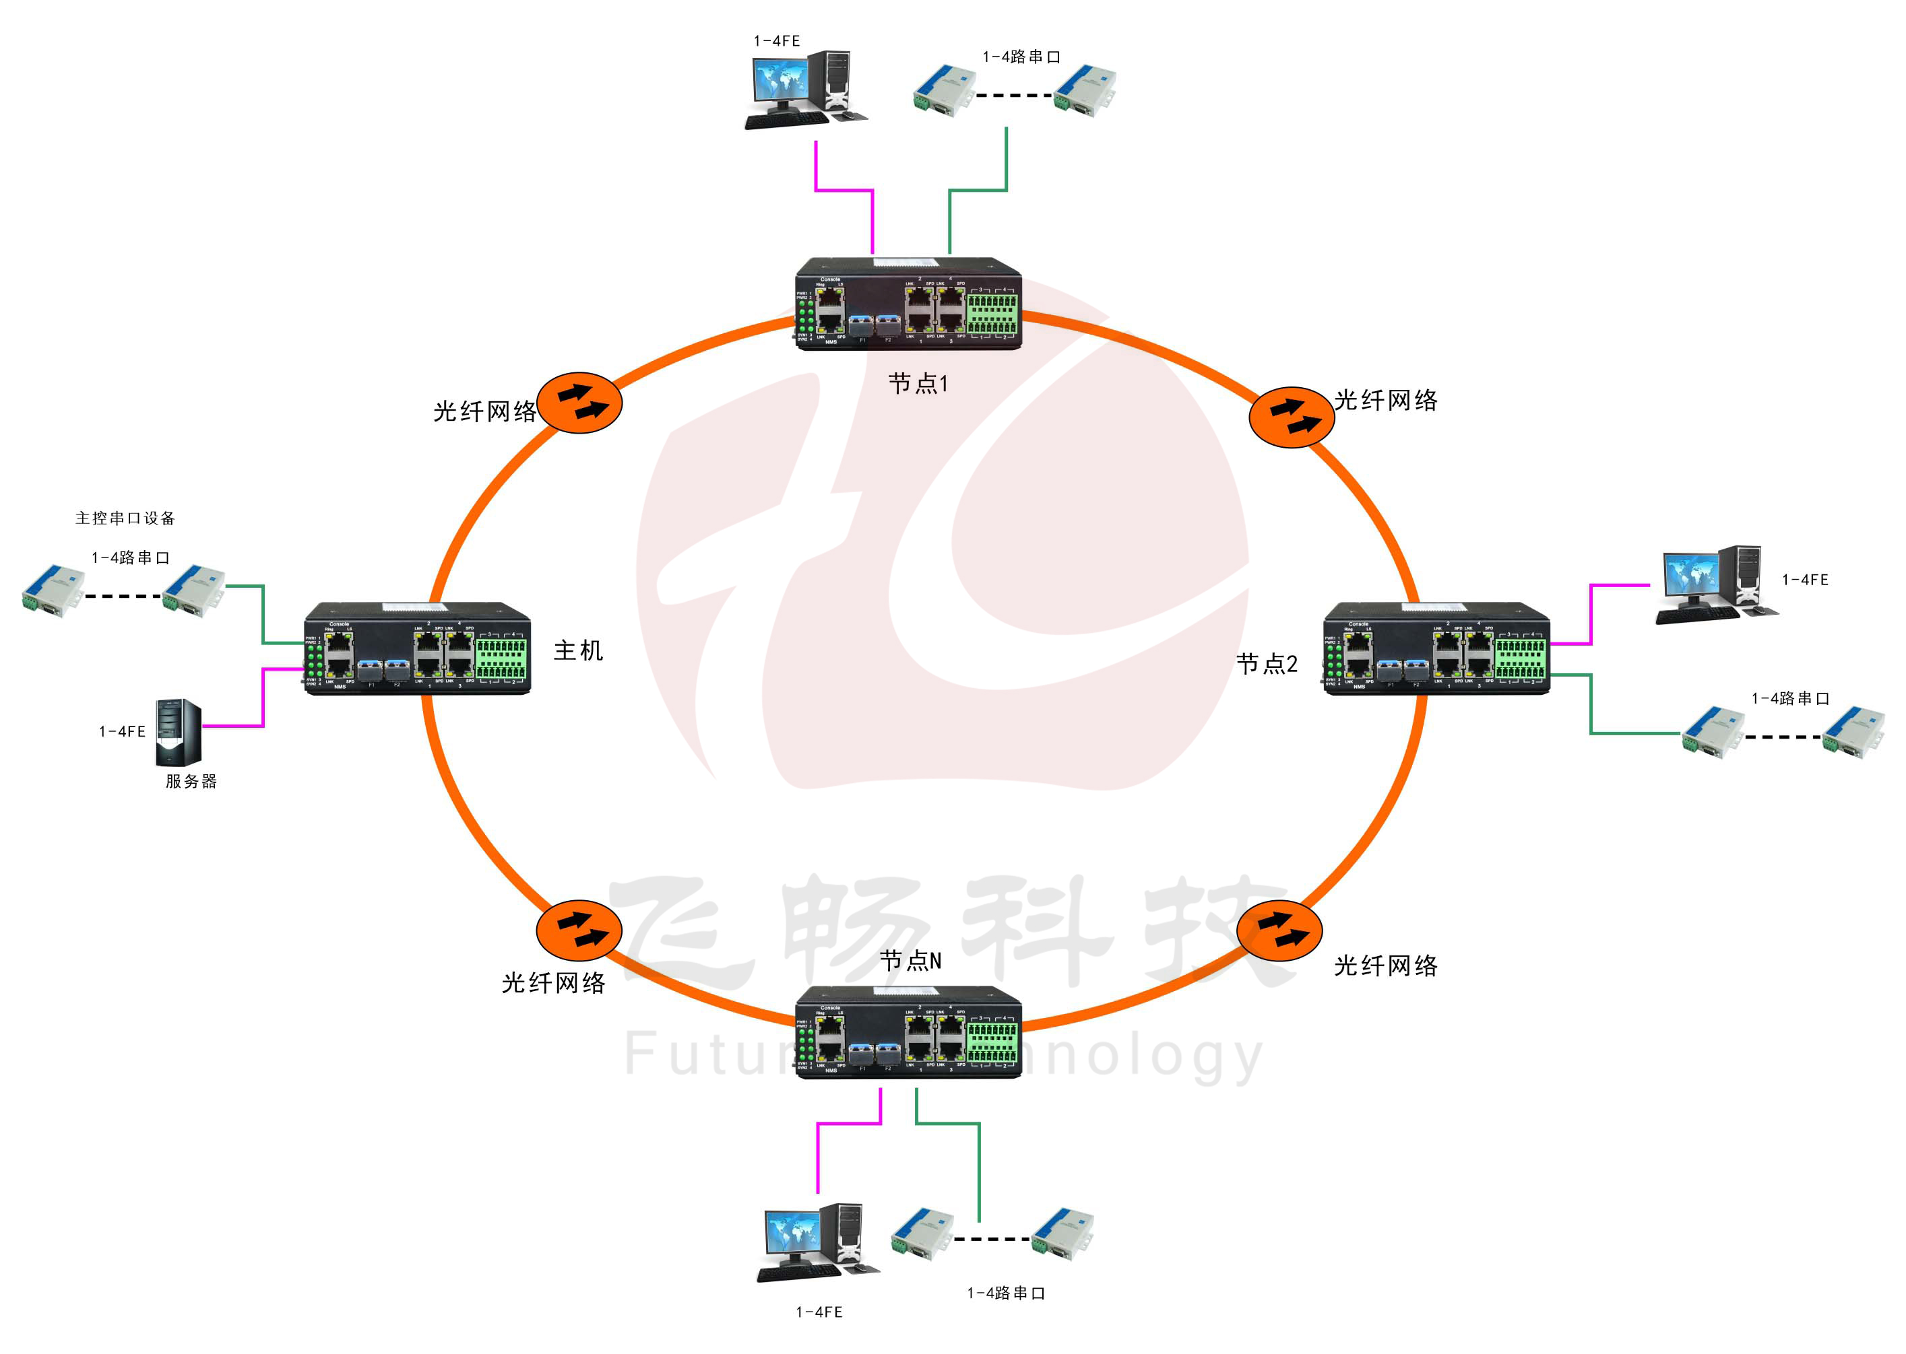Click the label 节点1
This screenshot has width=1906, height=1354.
pos(918,384)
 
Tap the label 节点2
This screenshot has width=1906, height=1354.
pos(1266,664)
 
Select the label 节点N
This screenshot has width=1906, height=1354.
pos(910,961)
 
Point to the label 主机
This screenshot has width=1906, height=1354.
pos(578,650)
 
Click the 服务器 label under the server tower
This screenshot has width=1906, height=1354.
pos(191,781)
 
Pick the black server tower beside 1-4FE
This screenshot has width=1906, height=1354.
pos(179,732)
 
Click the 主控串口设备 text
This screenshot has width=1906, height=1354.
pos(125,518)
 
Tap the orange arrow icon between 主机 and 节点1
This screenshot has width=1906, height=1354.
pos(579,403)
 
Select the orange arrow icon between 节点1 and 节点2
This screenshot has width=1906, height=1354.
pos(1292,417)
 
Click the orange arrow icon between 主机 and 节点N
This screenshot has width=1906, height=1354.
pos(578,930)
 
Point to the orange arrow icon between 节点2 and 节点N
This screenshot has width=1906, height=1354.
pos(1279,930)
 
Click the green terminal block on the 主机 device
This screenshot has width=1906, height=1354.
pos(501,658)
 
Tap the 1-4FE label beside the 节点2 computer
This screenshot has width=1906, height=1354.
pos(1804,580)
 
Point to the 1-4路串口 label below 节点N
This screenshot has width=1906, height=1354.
pos(1005,1293)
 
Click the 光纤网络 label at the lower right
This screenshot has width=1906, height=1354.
pos(1385,966)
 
